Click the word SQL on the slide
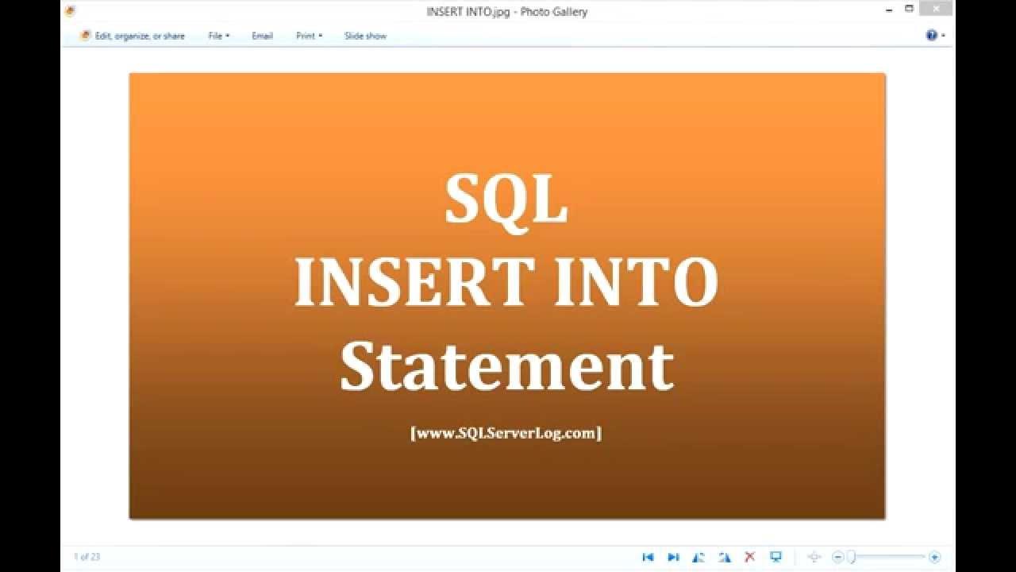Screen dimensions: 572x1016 point(506,199)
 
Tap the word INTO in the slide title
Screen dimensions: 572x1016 point(636,282)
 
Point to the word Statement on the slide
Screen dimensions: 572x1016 point(506,366)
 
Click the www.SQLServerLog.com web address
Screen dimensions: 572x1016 point(506,433)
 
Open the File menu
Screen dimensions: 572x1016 point(218,36)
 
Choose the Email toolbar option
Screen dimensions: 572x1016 point(262,36)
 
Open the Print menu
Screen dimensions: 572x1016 point(309,36)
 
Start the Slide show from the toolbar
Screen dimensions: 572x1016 point(365,36)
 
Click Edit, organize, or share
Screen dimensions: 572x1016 point(133,36)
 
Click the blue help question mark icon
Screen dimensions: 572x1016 point(932,35)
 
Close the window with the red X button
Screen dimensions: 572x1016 point(936,9)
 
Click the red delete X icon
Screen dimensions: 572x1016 point(749,557)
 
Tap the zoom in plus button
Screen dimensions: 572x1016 point(934,557)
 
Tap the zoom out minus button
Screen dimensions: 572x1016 point(837,557)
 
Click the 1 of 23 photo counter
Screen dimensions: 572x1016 point(87,557)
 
